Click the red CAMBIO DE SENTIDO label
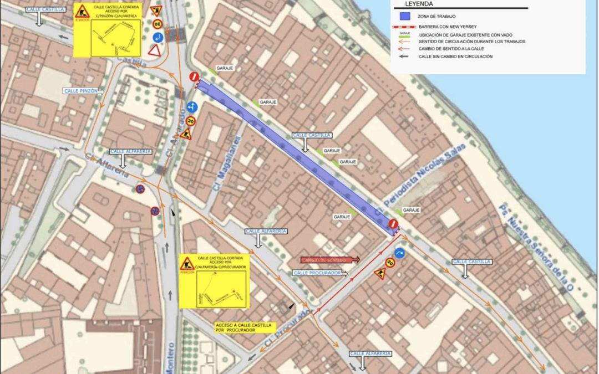coord(329,259)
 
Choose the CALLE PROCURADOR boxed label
coord(318,273)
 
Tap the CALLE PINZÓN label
coord(81,90)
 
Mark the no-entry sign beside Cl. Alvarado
coord(193,76)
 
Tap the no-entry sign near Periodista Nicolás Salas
coord(393,224)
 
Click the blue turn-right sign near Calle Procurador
coord(399,254)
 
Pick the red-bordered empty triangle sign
coord(154,50)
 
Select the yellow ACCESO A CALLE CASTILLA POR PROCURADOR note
coord(245,327)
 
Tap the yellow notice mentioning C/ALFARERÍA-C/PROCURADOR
coord(214,281)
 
